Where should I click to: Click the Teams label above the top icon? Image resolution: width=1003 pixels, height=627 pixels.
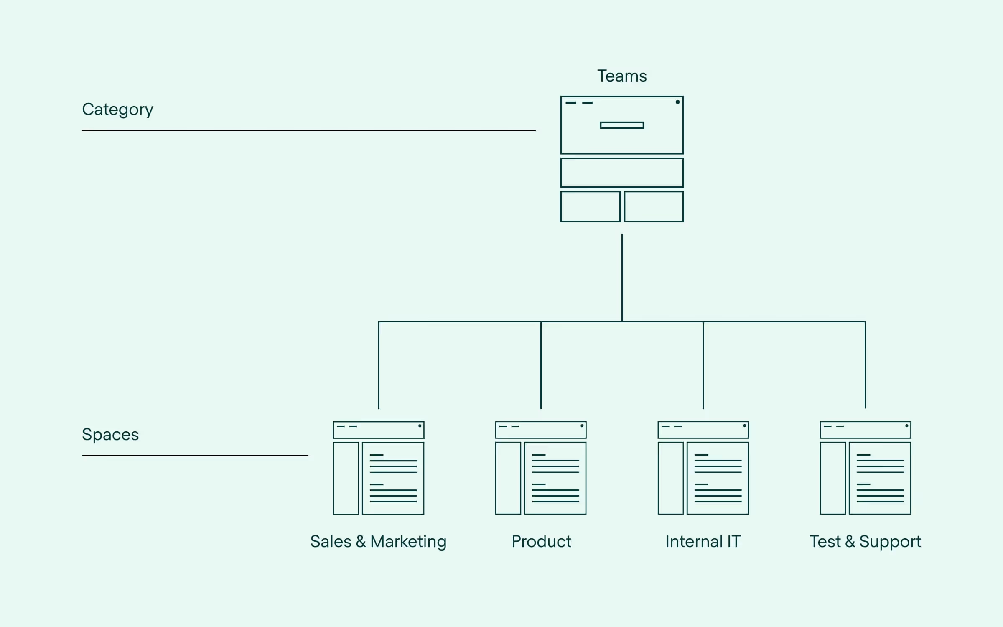(622, 76)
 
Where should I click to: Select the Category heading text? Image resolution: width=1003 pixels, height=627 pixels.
(117, 110)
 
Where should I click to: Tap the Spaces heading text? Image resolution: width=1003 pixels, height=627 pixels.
(110, 435)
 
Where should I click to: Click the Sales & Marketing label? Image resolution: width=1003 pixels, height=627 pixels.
(378, 542)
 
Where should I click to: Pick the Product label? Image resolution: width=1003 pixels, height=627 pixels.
(541, 542)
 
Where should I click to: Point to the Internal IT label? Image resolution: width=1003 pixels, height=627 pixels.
(703, 542)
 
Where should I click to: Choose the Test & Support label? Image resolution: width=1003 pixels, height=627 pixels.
(865, 542)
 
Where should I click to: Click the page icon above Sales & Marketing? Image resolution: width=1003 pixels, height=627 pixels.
(379, 468)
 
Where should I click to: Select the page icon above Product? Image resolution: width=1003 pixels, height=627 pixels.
(541, 468)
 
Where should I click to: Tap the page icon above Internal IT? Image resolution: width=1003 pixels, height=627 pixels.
(703, 468)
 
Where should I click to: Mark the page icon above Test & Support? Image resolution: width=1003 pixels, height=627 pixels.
(866, 468)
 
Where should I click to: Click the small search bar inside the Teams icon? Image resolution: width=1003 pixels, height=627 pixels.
(622, 125)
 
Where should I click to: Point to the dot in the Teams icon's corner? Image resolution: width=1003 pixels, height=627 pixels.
(677, 102)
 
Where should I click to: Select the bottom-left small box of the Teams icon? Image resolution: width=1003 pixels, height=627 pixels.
(590, 206)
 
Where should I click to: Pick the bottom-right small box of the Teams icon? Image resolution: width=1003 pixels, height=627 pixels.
(654, 206)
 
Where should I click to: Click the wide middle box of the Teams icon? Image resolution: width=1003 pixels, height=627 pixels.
(622, 173)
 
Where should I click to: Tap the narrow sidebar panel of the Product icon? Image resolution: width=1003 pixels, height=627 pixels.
(508, 478)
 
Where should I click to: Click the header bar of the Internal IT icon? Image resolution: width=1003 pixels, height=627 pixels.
(703, 430)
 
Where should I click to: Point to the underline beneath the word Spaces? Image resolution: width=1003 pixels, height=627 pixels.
(195, 456)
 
